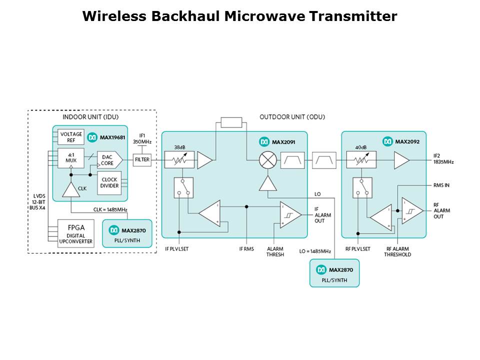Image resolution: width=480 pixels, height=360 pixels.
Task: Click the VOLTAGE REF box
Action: (71, 137)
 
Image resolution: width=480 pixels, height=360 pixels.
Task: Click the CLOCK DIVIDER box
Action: (109, 182)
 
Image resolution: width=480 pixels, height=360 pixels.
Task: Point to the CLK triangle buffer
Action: (71, 188)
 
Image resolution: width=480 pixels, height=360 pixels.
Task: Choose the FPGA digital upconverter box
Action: (75, 232)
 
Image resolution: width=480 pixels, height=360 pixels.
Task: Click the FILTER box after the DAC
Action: (142, 160)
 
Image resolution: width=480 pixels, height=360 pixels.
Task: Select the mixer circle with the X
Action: (267, 160)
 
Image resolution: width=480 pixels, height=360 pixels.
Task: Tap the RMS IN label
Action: (441, 185)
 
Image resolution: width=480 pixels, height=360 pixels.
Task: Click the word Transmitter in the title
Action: (352, 16)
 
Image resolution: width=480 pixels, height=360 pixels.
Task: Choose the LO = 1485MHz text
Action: (315, 251)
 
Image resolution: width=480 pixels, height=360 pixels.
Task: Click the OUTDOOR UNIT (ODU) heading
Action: (292, 117)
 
